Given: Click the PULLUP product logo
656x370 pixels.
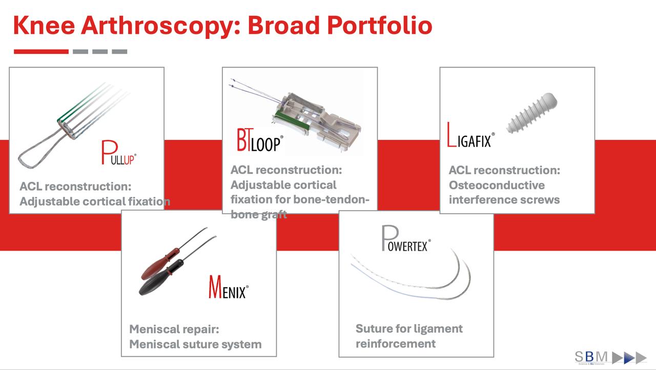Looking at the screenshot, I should tap(119, 153).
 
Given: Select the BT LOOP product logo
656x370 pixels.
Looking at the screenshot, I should tap(259, 140).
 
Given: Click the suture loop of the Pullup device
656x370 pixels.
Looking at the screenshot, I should tap(38, 147).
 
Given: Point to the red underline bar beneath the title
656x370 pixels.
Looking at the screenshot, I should tap(41, 51).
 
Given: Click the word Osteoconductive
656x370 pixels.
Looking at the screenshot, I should tap(489, 185).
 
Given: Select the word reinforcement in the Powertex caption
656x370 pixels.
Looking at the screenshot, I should tap(396, 343).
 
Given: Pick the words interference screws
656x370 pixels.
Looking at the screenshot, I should tap(504, 199).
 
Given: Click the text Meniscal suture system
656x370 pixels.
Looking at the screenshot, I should tap(195, 344).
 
